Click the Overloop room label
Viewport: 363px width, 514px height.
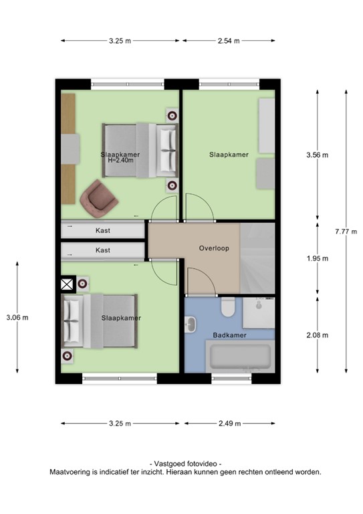(214, 248)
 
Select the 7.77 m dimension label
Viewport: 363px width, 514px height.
(346, 232)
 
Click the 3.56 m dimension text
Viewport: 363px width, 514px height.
(318, 155)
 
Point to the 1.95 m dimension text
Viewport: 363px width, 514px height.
(318, 258)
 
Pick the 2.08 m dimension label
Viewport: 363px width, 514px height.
(318, 335)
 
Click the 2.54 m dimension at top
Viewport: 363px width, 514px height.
(229, 41)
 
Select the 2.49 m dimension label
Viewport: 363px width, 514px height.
(229, 424)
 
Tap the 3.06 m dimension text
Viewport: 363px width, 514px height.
(17, 317)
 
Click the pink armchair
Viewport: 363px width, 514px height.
(98, 197)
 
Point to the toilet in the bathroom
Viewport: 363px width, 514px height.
(227, 308)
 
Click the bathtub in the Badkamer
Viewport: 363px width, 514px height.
(241, 355)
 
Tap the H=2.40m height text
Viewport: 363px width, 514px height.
(121, 161)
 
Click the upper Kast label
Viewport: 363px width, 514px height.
(103, 230)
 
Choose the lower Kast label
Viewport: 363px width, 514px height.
(103, 250)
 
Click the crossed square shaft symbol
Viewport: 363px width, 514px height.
(68, 284)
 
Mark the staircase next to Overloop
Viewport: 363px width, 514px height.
(257, 258)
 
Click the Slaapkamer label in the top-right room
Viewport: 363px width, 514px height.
(229, 155)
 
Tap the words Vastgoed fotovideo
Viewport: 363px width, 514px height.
(185, 464)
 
